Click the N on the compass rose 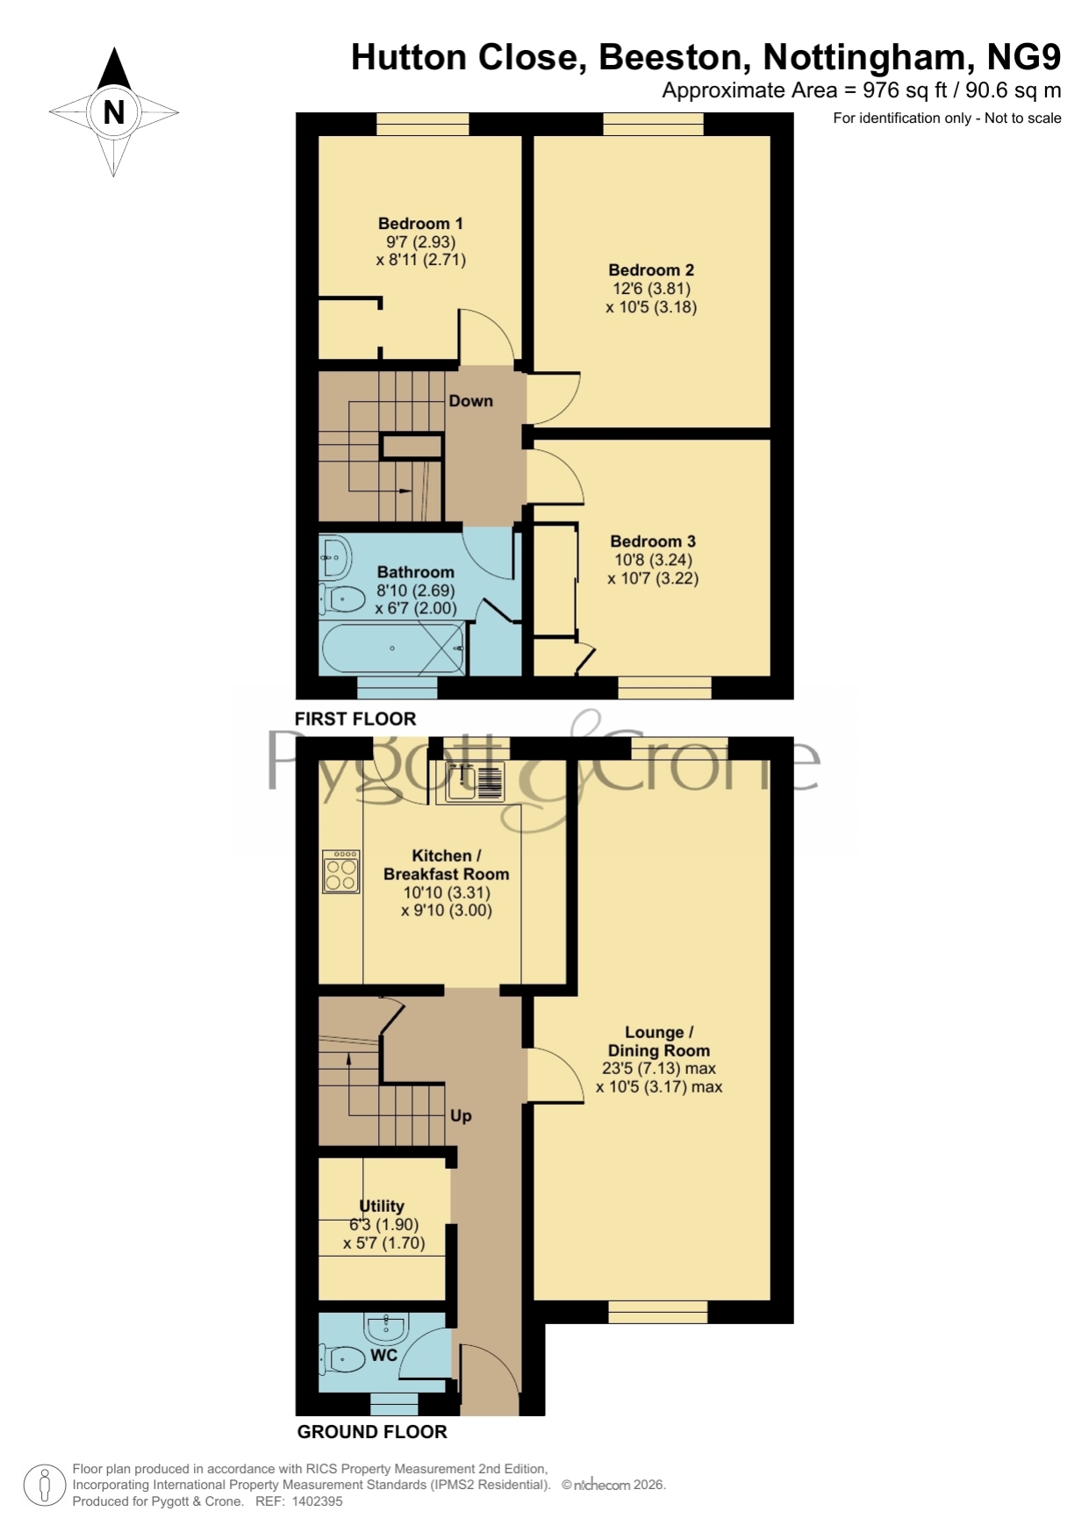pos(114,112)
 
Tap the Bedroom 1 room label pos(420,224)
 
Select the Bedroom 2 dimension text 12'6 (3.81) pos(651,289)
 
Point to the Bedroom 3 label pos(653,541)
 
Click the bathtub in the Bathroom pos(392,648)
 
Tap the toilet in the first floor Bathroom pos(343,599)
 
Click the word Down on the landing pos(471,401)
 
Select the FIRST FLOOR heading pos(355,719)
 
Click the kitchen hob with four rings pos(340,871)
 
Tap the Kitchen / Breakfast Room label pos(447,865)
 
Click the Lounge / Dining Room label pos(659,1042)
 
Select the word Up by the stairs pos(461,1116)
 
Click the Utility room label pos(382,1207)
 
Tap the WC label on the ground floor pos(384,1355)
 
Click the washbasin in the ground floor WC pos(387,1328)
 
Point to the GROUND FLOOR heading pos(372,1432)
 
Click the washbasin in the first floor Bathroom pos(335,556)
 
